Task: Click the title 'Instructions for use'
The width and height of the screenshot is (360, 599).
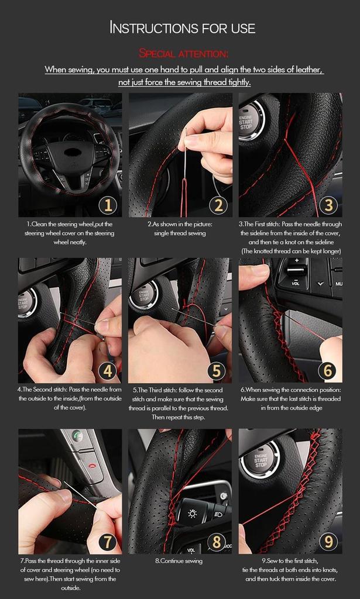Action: pyautogui.click(x=183, y=27)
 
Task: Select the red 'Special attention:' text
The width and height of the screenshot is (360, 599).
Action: pyautogui.click(x=183, y=54)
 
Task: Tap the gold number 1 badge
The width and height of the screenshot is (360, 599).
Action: pyautogui.click(x=108, y=205)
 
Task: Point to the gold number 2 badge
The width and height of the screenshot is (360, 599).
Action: pyautogui.click(x=218, y=205)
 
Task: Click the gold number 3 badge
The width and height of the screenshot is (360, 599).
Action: pyautogui.click(x=328, y=205)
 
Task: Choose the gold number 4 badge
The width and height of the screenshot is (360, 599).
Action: pyautogui.click(x=108, y=370)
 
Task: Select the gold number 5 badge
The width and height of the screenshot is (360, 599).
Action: pyautogui.click(x=218, y=370)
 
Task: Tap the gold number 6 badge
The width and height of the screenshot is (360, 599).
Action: pyautogui.click(x=328, y=370)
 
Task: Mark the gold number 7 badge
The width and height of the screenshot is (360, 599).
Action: pyautogui.click(x=108, y=542)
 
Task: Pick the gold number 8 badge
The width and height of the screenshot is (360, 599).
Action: pyautogui.click(x=218, y=542)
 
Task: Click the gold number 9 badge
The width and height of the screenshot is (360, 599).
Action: pyautogui.click(x=328, y=542)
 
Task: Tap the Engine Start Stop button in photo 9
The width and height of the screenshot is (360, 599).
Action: pyautogui.click(x=260, y=459)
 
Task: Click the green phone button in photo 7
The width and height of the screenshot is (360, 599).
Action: pyautogui.click(x=78, y=436)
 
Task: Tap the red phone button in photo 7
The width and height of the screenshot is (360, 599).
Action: pyautogui.click(x=92, y=463)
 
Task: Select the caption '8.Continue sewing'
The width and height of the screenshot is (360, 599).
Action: pyautogui.click(x=179, y=561)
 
